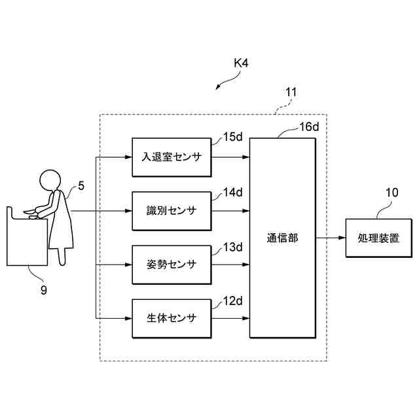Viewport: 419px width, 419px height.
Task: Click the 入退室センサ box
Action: pos(172,157)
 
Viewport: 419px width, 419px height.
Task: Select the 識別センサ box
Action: pos(172,211)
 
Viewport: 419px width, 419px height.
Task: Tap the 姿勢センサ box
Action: pos(172,264)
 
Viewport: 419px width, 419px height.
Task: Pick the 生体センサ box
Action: pos(172,318)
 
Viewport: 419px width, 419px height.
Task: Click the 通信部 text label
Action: pos(282,238)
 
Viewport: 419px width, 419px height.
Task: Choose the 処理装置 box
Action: pos(378,238)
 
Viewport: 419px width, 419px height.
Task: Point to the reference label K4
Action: pos(241,64)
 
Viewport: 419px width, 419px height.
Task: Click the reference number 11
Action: pos(291,92)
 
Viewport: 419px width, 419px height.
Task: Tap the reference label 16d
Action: pos(309,127)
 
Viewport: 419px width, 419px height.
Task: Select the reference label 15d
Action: pos(233,137)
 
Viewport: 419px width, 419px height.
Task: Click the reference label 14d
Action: pos(233,192)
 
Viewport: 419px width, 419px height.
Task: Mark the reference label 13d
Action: pos(233,247)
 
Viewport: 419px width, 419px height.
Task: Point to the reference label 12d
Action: pos(233,301)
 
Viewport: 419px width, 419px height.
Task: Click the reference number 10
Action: pos(392,192)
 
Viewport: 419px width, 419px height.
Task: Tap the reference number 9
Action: pos(44,290)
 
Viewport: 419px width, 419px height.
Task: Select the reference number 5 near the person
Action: pos(81,186)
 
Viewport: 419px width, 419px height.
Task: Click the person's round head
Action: pos(50,181)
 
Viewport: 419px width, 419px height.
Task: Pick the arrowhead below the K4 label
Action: pos(218,87)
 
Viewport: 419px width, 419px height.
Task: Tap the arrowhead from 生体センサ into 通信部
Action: pos(246,318)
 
